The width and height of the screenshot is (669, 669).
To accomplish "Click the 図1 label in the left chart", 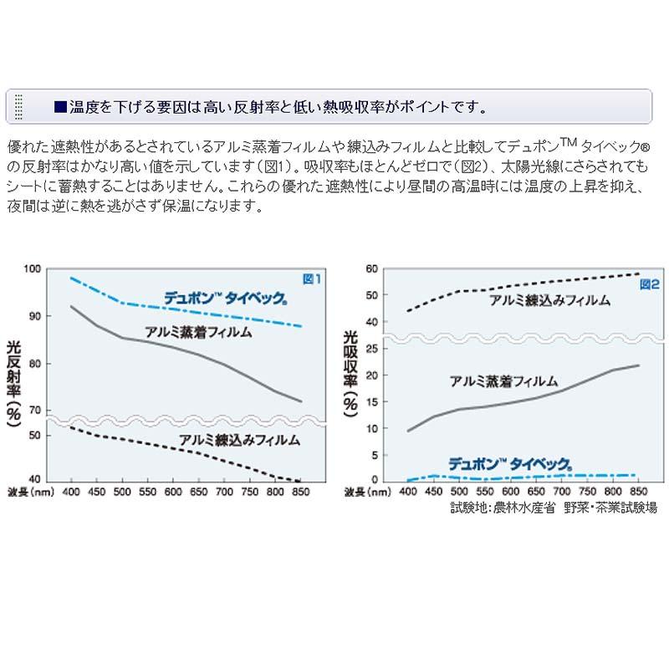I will (x=311, y=279).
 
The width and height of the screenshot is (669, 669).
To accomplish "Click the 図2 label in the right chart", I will (x=650, y=285).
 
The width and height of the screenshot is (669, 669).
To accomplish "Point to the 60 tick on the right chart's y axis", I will (x=372, y=268).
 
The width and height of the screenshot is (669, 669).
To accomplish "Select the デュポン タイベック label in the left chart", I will (x=225, y=298).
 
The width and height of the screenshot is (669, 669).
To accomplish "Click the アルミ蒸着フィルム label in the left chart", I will (x=198, y=331).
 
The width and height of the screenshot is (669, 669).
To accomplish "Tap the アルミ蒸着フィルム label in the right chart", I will (x=503, y=381).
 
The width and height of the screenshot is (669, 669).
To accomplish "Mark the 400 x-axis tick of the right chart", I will (x=409, y=491).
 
